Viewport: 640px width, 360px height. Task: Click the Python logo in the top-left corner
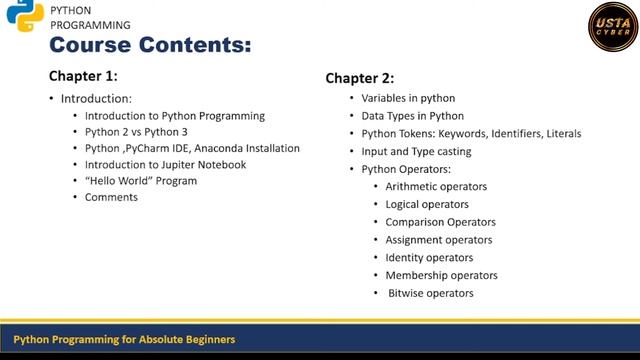click(x=24, y=17)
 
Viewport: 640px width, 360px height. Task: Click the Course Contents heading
click(x=150, y=45)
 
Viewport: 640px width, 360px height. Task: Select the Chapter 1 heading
click(x=83, y=76)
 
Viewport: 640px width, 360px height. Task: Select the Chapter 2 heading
click(x=360, y=78)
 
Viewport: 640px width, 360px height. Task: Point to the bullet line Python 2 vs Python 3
click(x=136, y=131)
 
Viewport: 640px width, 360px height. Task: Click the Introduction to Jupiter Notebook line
click(x=165, y=164)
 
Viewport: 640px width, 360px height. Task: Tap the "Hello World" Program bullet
click(x=141, y=181)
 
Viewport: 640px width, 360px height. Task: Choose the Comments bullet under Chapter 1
click(x=111, y=197)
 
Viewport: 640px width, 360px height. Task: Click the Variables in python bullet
click(x=408, y=98)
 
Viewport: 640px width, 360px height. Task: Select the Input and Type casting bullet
click(x=416, y=151)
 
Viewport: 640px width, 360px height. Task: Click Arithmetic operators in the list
click(x=436, y=186)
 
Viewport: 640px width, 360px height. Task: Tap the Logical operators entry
click(x=427, y=204)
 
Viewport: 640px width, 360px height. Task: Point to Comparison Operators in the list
click(x=441, y=222)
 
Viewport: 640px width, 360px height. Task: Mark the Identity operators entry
click(x=429, y=258)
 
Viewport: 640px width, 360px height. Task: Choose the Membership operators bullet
click(x=442, y=275)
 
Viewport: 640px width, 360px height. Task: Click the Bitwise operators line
click(x=431, y=293)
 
